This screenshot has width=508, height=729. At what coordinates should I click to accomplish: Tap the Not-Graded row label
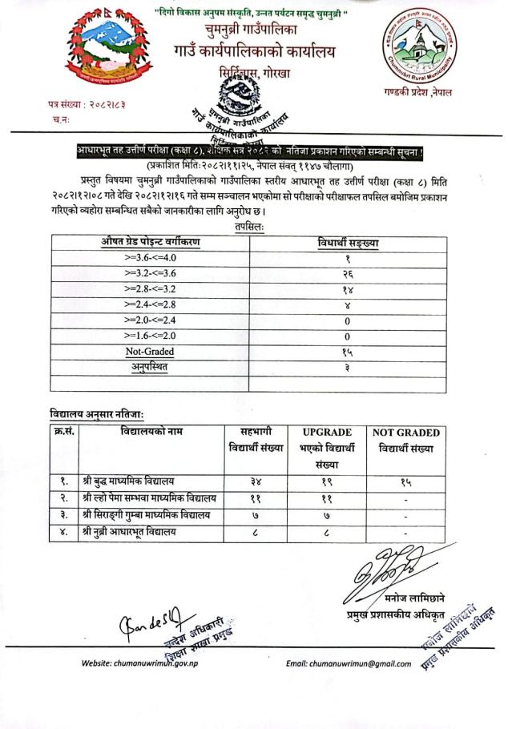tap(150, 352)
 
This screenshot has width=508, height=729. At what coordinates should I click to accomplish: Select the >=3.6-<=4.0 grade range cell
tap(150, 259)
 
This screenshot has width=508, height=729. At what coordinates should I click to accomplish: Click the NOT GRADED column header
tap(406, 433)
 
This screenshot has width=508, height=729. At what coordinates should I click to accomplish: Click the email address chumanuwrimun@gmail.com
tap(354, 663)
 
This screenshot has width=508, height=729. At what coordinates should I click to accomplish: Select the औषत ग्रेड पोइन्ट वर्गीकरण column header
tap(150, 242)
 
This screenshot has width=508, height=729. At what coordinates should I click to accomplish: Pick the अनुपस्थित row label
tap(150, 367)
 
